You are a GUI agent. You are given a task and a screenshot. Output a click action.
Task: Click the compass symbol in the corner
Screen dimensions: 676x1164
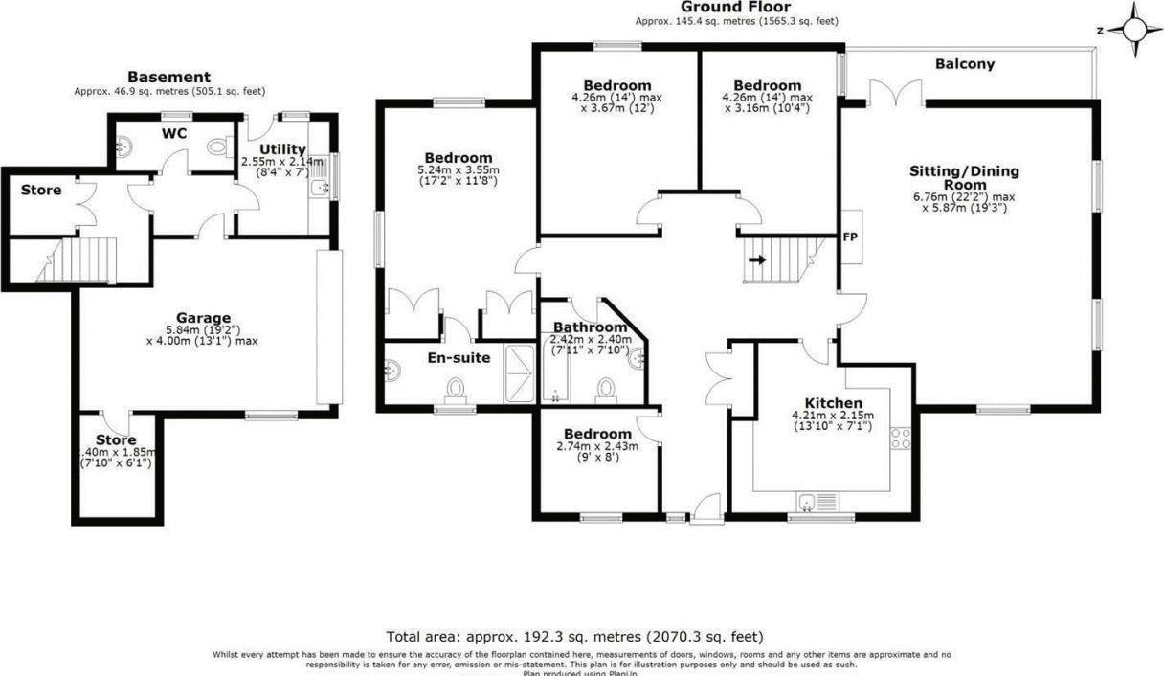[x=1134, y=28]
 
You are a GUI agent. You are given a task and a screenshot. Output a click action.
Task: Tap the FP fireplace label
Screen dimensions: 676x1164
[x=849, y=236]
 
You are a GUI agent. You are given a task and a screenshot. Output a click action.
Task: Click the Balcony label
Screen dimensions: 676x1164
[x=964, y=64]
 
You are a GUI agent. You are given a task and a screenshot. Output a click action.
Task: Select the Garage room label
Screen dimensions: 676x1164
[x=203, y=318]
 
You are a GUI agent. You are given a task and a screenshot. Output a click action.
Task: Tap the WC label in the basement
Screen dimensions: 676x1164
[x=173, y=132]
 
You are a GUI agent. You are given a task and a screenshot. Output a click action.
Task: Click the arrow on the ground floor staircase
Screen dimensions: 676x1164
[x=757, y=259]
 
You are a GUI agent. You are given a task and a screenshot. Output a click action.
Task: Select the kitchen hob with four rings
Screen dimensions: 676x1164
[x=901, y=439]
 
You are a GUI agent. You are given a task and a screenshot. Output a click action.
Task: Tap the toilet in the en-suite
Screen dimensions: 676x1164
[x=456, y=390]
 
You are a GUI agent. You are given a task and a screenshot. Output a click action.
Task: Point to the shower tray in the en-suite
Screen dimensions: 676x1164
[x=521, y=372]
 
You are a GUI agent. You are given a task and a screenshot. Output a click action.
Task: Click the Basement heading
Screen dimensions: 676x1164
[x=168, y=77]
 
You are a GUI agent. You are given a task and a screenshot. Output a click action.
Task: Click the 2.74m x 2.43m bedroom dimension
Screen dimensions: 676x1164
[x=596, y=446]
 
